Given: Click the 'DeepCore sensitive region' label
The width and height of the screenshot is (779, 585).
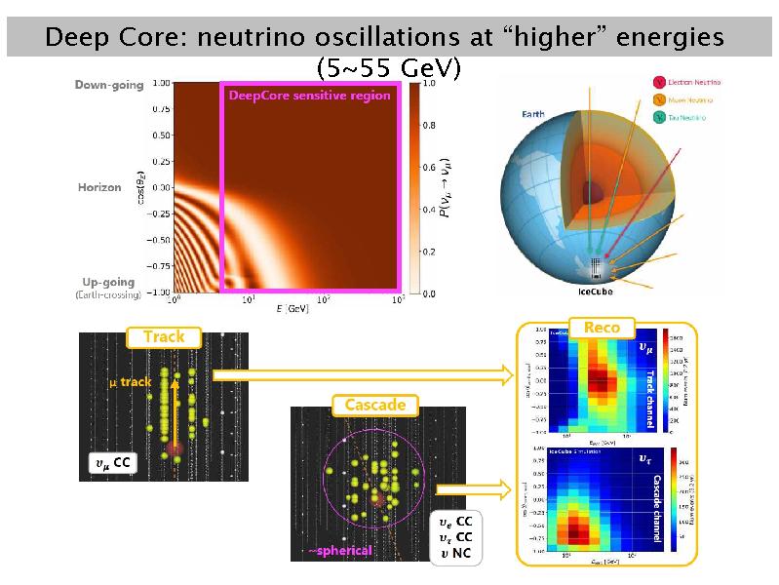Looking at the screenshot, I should tap(309, 96).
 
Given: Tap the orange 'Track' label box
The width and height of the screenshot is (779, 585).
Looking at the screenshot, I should tap(164, 337).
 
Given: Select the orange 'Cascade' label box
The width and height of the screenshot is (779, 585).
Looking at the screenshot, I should tap(374, 404).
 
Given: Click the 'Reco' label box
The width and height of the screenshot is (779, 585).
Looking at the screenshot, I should tap(602, 328).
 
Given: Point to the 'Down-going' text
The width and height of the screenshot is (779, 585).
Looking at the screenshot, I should tap(109, 85).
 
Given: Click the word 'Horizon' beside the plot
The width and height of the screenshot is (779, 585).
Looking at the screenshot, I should tap(99, 186).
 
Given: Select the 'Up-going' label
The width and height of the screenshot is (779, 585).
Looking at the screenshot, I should tap(109, 283).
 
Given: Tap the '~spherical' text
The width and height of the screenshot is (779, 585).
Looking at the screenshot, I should tap(340, 551).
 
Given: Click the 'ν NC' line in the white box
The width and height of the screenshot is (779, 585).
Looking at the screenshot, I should tap(454, 555).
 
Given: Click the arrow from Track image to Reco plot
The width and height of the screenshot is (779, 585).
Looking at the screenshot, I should tap(362, 373).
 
